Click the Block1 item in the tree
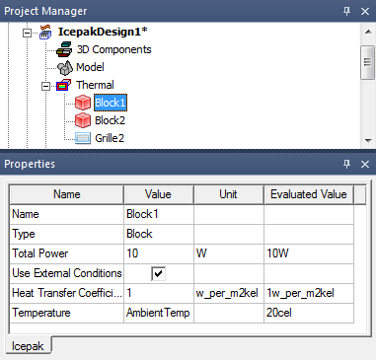(x=111, y=103)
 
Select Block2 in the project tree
(x=110, y=120)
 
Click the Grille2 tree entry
(x=110, y=138)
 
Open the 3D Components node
(x=113, y=49)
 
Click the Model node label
(x=90, y=67)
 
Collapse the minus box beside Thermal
(x=46, y=86)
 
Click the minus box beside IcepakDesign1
(x=28, y=33)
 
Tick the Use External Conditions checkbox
(x=159, y=273)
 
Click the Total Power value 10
(x=132, y=253)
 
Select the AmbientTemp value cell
(x=158, y=313)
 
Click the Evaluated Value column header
(x=309, y=194)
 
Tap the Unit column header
(x=228, y=194)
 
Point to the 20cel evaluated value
(x=279, y=313)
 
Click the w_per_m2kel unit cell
(x=227, y=293)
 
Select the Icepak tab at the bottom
(x=28, y=346)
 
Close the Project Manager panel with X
(x=365, y=11)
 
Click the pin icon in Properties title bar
(x=346, y=164)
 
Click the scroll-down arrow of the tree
(x=368, y=141)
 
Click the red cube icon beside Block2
(x=82, y=120)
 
